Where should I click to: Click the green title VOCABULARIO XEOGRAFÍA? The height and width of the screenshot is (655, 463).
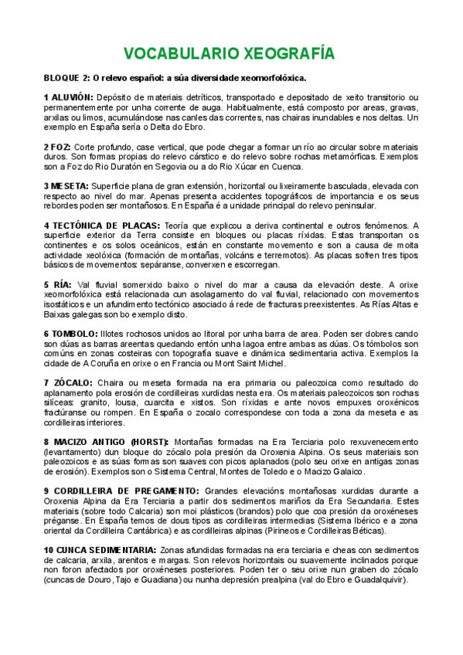(230, 53)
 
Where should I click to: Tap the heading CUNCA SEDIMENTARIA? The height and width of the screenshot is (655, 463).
(105, 550)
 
